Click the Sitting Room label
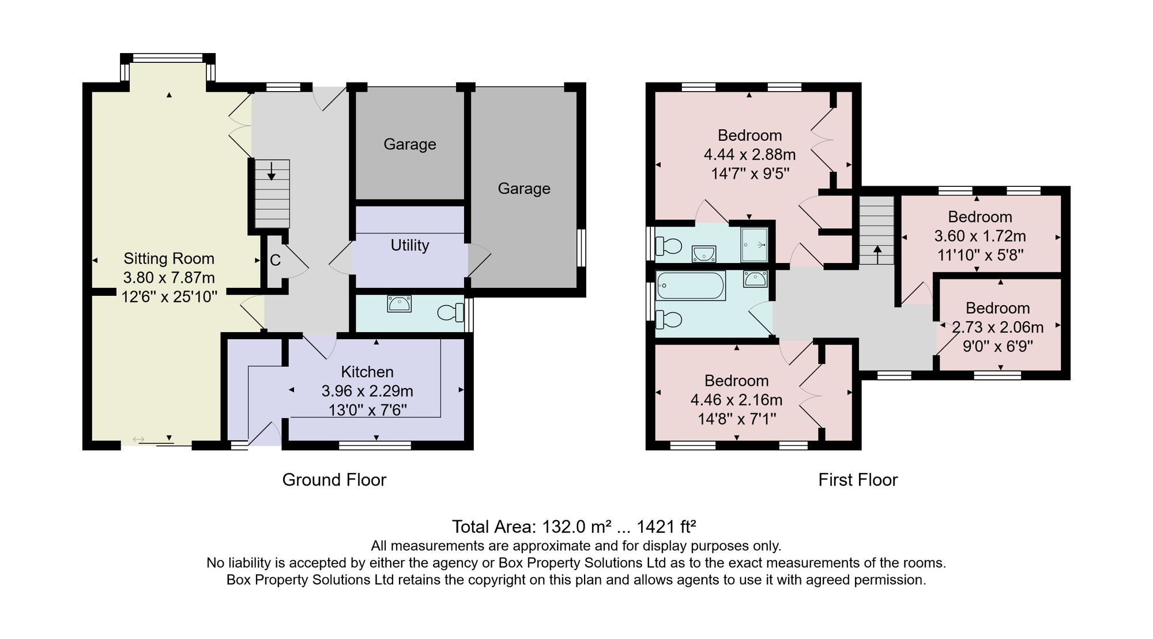click(169, 258)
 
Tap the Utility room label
click(410, 245)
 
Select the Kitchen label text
click(367, 372)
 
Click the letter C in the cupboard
click(275, 260)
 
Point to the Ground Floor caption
click(334, 480)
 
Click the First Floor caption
click(858, 480)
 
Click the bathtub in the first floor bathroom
click(691, 285)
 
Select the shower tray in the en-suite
click(755, 245)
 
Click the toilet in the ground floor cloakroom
click(451, 313)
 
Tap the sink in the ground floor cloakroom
click(399, 303)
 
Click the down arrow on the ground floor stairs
click(271, 171)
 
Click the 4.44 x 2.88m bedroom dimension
click(749, 155)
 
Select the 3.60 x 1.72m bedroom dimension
click(980, 236)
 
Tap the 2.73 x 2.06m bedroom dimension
click(997, 328)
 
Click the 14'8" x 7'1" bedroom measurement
click(737, 419)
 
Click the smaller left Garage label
click(410, 144)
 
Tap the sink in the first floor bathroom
click(755, 279)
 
